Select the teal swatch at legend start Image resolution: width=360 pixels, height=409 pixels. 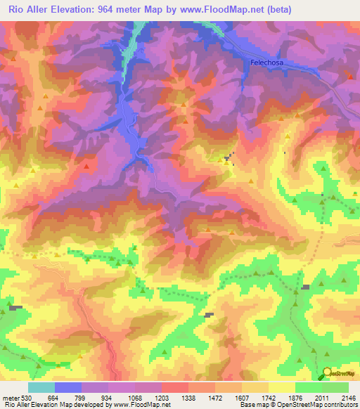41,387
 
